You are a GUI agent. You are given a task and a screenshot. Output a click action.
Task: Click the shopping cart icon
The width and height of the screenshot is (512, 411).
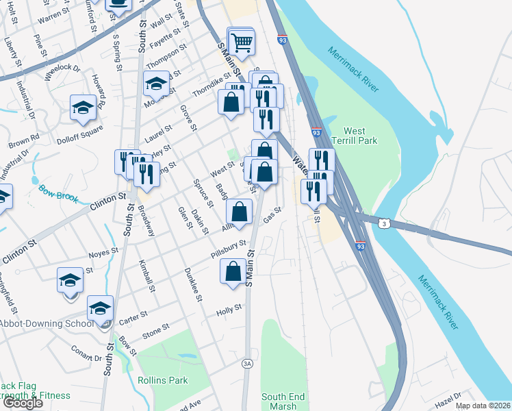click(242, 42)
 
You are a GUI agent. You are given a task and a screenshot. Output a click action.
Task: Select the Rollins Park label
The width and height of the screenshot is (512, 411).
click(162, 380)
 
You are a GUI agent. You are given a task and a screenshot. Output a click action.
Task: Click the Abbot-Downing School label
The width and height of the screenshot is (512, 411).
click(47, 324)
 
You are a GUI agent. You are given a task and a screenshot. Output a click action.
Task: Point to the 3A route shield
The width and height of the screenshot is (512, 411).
click(248, 364)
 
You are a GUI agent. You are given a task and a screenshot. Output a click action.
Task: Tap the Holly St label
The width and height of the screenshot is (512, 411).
click(229, 309)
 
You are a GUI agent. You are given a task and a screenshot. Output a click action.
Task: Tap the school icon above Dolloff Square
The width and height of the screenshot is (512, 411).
click(83, 108)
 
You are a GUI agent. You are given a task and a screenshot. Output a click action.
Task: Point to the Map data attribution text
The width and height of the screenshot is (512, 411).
click(483, 406)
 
